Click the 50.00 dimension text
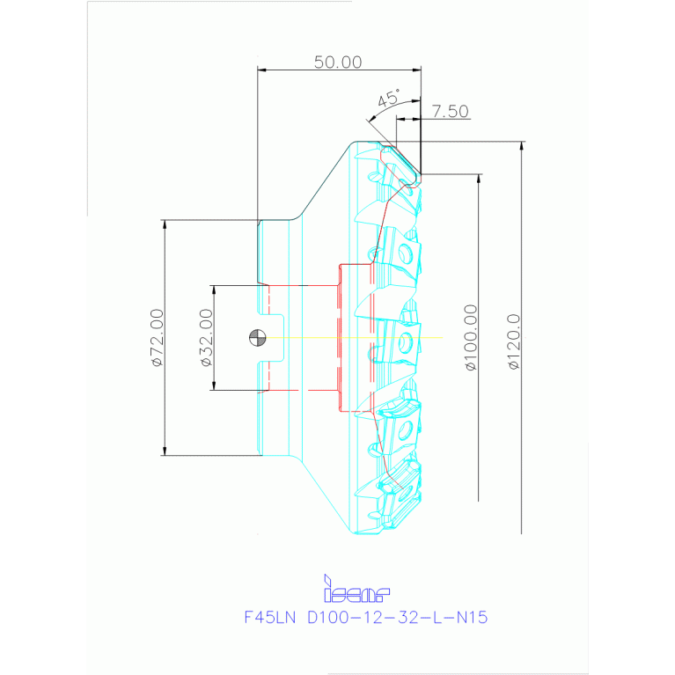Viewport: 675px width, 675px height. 338,62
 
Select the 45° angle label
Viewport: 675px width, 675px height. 387,99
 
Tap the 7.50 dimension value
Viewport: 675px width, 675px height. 450,112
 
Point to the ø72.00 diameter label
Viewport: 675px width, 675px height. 156,337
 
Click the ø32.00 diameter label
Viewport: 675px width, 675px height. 205,337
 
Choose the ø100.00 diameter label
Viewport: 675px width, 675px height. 471,337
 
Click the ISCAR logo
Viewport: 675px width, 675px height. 356,588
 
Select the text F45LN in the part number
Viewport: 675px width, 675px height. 271,617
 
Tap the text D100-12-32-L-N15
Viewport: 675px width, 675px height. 397,617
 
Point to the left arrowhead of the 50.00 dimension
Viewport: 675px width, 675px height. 261,70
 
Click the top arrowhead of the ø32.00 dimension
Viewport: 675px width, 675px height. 213,289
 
